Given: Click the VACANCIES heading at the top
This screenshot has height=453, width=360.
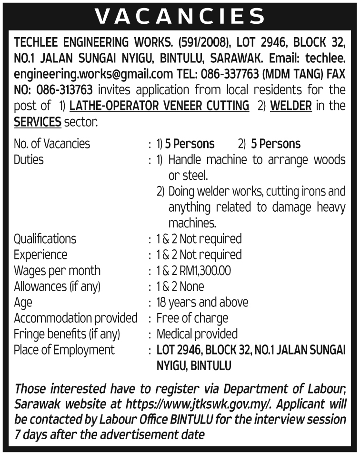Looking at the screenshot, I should [180, 17].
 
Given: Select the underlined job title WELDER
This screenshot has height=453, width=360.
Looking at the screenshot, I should [290, 106].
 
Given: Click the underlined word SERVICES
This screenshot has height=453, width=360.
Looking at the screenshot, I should [38, 122].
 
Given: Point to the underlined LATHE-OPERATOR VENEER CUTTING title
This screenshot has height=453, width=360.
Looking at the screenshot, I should [159, 106].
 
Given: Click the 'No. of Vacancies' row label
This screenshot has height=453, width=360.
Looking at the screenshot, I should [52, 144].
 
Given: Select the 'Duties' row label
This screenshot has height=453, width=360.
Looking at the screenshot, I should [29, 159].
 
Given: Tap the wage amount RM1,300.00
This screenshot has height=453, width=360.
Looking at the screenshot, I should [205, 270].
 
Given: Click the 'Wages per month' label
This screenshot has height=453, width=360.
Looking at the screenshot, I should [57, 270].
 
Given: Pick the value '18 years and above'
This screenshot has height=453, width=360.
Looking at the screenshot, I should [202, 302].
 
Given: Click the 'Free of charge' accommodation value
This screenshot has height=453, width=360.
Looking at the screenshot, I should [192, 318].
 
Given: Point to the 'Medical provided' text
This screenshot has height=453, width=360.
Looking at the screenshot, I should [197, 334].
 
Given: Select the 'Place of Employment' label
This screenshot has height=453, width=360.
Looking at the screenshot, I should [64, 350].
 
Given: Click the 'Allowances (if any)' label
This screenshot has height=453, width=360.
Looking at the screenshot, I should [57, 286].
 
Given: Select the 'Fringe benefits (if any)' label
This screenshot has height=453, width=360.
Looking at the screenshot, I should [67, 334].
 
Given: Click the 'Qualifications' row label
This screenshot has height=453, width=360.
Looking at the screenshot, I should [45, 238].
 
